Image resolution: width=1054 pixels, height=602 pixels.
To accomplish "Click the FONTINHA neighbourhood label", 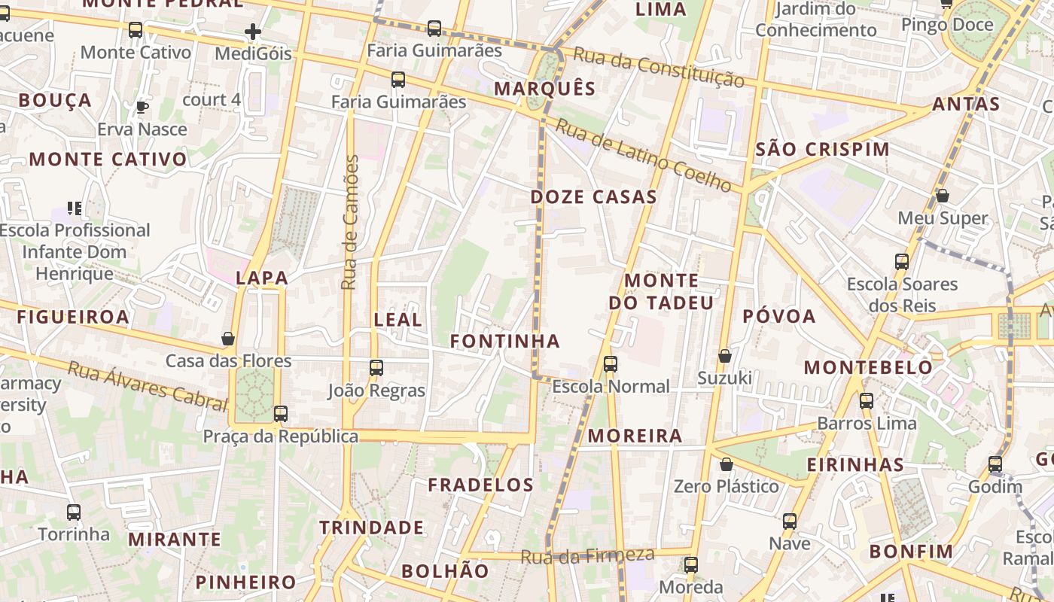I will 505,342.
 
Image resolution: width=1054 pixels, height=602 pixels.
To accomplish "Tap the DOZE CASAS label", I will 594,197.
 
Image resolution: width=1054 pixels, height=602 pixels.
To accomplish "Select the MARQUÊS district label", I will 545,89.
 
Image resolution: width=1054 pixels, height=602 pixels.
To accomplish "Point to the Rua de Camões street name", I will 350,222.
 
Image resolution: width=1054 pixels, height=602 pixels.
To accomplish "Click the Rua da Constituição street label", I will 659,67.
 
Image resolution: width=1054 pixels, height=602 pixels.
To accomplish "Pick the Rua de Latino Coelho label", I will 643,154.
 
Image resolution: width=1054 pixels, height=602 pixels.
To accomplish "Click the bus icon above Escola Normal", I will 611,364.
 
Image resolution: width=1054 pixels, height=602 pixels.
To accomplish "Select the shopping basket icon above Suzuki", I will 725,355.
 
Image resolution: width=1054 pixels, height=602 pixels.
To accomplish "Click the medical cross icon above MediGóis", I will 253,32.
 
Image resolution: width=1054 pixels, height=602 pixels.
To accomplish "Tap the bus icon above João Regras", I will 376,368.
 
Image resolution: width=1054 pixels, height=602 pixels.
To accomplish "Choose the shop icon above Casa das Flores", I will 228,339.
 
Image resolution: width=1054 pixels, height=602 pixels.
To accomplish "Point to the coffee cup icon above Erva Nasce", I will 142,107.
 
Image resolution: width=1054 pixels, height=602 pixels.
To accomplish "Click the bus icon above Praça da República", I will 281,413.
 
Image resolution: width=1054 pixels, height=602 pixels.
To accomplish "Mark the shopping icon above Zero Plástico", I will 727,464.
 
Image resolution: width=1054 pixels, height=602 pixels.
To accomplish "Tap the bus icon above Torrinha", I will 74,512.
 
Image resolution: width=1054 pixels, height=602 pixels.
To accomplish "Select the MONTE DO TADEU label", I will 661,292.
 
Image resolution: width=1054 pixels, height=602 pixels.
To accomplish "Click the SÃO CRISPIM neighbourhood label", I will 822,149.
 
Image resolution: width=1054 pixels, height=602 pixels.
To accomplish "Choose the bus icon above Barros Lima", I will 867,400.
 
